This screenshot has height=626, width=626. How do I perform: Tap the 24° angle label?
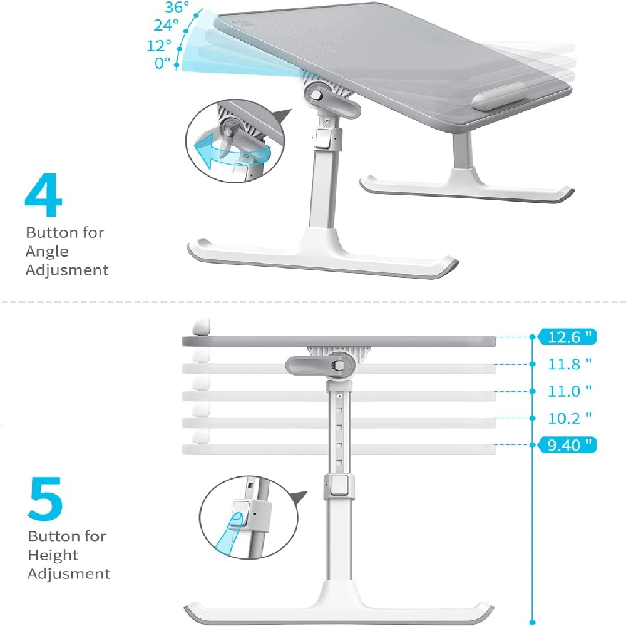tap(166, 25)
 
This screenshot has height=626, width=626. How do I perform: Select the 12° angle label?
tap(159, 46)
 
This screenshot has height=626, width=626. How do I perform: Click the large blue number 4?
tap(44, 195)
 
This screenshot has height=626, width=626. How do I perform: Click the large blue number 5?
tap(45, 499)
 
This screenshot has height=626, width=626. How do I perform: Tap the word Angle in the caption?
tap(47, 252)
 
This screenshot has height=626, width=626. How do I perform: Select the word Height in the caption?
tap(53, 555)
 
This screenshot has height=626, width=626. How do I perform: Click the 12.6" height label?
tap(567, 337)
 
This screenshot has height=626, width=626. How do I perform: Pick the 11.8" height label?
tap(569, 364)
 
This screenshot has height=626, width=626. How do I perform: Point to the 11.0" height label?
tap(569, 391)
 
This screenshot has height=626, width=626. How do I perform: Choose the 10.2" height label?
tap(569, 418)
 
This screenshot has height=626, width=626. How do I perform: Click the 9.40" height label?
tap(567, 444)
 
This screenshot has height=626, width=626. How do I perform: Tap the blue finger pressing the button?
tap(230, 533)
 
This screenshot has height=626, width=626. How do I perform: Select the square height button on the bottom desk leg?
tap(339, 485)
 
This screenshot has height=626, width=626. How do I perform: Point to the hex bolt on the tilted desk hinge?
tap(317, 95)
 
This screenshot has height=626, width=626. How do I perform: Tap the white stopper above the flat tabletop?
tap(201, 327)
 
